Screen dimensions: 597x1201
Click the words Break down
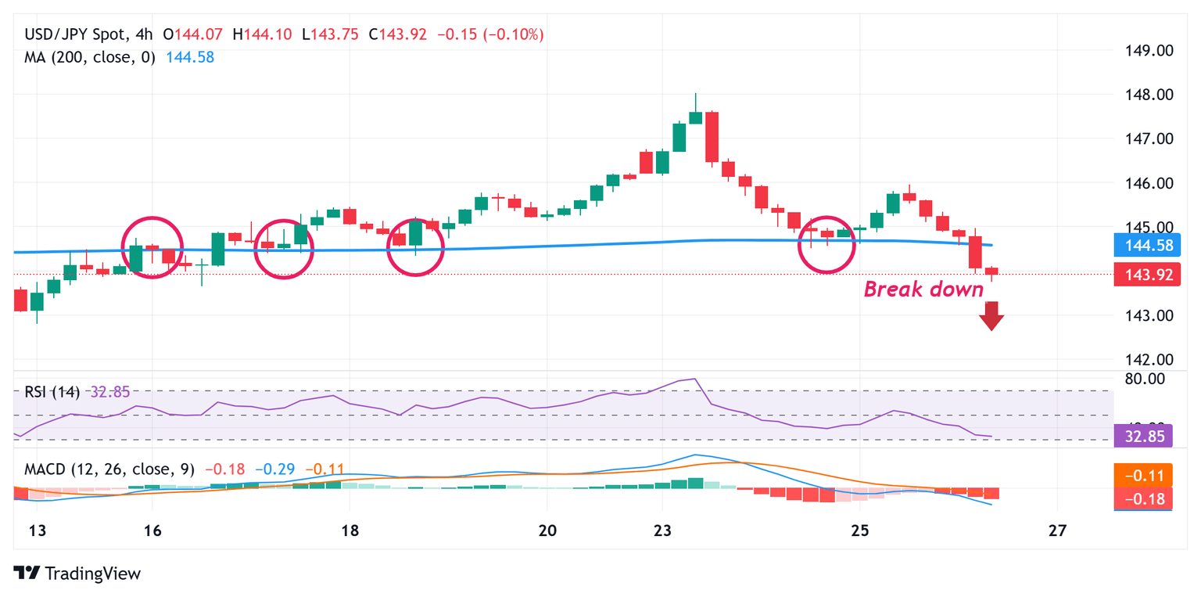923,290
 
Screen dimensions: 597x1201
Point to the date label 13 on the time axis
37,531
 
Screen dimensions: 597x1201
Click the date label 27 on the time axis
1057,531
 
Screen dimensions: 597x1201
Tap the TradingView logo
77,573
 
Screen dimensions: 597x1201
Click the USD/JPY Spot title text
73,34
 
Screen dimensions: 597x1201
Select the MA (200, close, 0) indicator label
90,57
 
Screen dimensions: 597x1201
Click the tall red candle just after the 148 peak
712,137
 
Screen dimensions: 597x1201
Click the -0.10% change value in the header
514,34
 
